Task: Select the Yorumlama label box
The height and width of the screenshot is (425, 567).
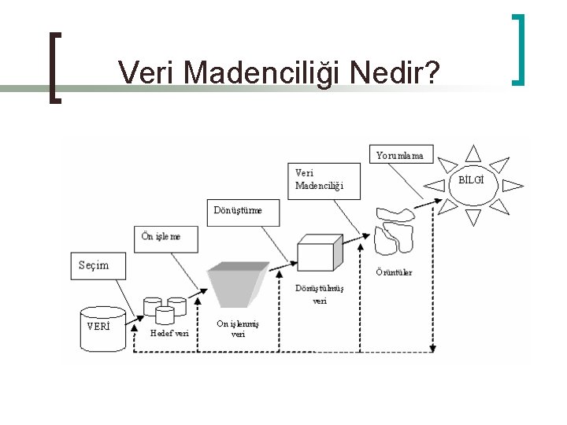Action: point(399,155)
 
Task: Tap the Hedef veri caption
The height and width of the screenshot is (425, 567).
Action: point(169,332)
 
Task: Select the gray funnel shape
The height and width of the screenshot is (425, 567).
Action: point(237,283)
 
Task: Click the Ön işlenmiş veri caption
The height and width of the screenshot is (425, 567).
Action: point(237,328)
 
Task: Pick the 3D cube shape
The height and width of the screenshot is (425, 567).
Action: point(319,253)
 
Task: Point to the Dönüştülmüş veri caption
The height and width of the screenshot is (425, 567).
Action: point(320,294)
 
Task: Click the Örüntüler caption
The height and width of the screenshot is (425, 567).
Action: point(394,272)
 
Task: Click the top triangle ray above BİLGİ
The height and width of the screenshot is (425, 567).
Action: point(472,153)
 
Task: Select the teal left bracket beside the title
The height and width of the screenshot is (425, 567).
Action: point(54,66)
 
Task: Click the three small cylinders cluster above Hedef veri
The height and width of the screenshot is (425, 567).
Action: point(165,309)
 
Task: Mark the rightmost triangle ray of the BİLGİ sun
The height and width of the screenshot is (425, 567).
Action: point(513,186)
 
